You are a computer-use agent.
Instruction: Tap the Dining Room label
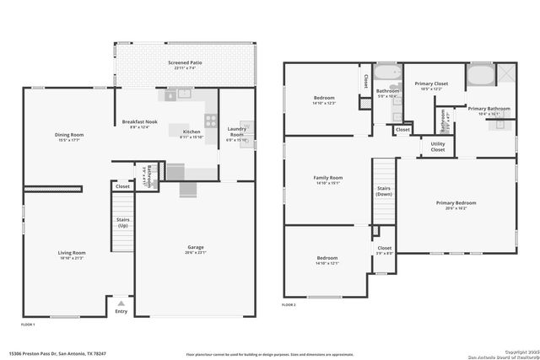click(x=69, y=135)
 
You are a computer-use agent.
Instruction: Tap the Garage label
click(x=195, y=247)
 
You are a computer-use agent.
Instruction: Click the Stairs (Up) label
click(x=122, y=223)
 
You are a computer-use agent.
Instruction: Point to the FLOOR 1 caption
click(x=29, y=324)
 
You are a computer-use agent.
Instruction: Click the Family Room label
click(x=327, y=178)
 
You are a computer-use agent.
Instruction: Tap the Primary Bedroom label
click(x=456, y=203)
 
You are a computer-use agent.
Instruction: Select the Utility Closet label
click(x=437, y=147)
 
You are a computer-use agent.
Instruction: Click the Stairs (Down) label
click(x=384, y=191)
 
